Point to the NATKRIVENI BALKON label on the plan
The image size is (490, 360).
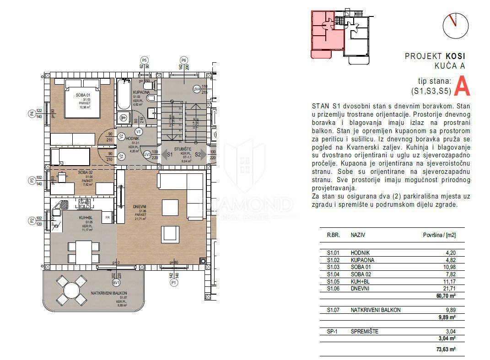pos(108,293)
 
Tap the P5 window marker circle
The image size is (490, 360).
pos(145,60)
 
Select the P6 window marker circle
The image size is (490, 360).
pos(184,60)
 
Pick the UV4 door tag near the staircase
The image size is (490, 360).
pos(196,89)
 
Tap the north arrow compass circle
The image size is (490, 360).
pos(455,26)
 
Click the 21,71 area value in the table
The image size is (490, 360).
pos(449,289)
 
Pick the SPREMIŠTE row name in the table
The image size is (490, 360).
pos(364,331)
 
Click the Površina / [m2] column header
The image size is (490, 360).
pos(439,235)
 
